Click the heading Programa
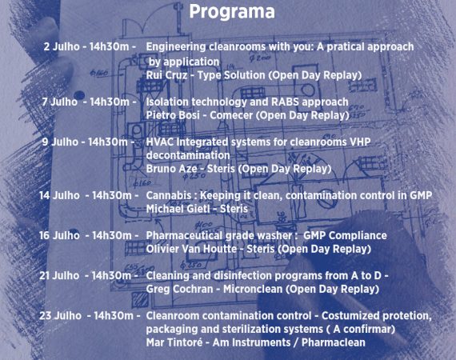pyautogui.click(x=232, y=12)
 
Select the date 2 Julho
pyautogui.click(x=62, y=46)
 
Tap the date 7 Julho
pyautogui.click(x=60, y=102)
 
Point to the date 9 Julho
pyautogui.click(x=60, y=142)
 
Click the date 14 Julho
pyautogui.click(x=59, y=195)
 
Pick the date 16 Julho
pyautogui.click(x=59, y=235)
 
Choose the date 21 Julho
pyautogui.click(x=59, y=276)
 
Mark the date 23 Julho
pyautogui.click(x=60, y=316)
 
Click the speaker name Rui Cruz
pyautogui.click(x=166, y=75)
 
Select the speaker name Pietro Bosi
pyautogui.click(x=173, y=115)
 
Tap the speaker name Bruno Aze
pyautogui.click(x=171, y=169)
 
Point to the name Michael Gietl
pyautogui.click(x=178, y=209)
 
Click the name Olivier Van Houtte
pyautogui.click(x=191, y=249)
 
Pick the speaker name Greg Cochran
pyautogui.click(x=179, y=289)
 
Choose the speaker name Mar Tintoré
pyautogui.click(x=174, y=342)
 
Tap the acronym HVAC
pyautogui.click(x=160, y=142)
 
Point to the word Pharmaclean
pyautogui.click(x=333, y=342)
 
